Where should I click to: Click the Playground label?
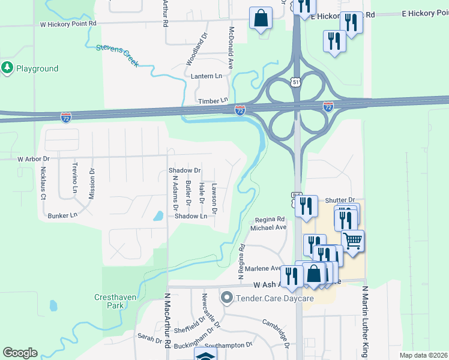[37, 68]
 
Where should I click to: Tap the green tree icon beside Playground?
[8, 68]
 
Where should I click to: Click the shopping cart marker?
[352, 241]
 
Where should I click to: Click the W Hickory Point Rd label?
[68, 23]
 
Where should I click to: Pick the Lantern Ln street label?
[206, 76]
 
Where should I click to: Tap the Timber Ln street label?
[213, 101]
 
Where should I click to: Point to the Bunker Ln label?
[62, 215]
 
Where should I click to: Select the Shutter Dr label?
[340, 200]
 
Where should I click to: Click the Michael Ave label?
[268, 228]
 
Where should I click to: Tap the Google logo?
[20, 353]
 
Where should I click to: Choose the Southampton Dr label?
[228, 346]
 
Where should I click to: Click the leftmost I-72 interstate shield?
[66, 117]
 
